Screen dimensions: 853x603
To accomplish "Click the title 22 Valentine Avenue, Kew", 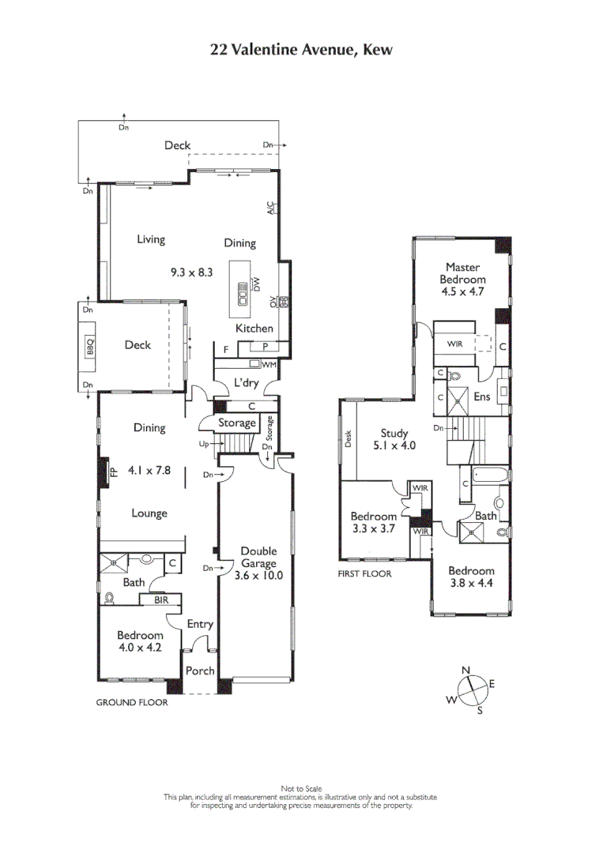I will [301, 50].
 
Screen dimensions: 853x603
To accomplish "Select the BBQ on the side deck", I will [89, 346].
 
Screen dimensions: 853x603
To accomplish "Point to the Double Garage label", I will [258, 558].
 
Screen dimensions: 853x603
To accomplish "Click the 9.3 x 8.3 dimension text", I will [192, 272].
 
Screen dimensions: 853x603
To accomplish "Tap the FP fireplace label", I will [113, 472].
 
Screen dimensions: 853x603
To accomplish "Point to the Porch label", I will [200, 671].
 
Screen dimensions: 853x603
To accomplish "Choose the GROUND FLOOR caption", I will [131, 702].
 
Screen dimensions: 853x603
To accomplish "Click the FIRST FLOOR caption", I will [364, 574].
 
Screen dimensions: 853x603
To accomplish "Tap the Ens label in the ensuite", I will [481, 396].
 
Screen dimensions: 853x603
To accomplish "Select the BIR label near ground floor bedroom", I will [160, 600].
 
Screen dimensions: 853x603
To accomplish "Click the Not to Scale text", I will [300, 788].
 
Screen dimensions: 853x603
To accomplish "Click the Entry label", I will [200, 624].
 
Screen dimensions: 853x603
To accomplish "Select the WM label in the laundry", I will [268, 364].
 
